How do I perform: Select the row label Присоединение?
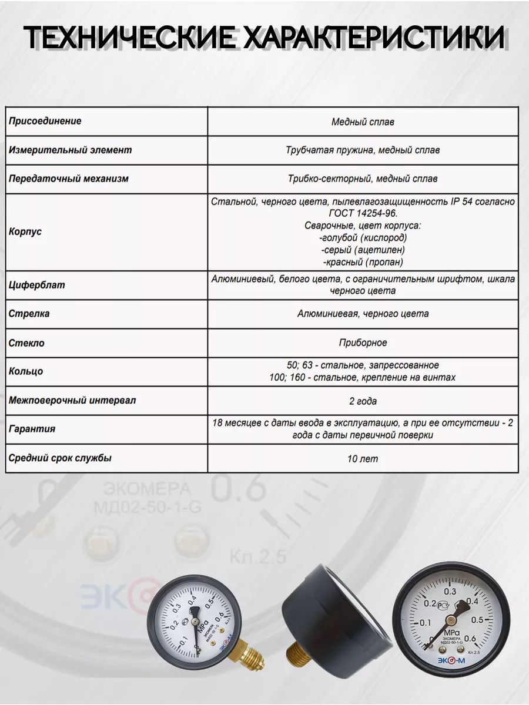click(x=45, y=121)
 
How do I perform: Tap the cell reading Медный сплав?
click(x=363, y=122)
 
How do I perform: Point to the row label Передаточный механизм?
click(x=68, y=178)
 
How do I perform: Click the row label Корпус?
click(x=25, y=231)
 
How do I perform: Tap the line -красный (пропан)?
click(x=363, y=262)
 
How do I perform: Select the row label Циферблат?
click(x=36, y=285)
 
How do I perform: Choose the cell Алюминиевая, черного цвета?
click(x=363, y=314)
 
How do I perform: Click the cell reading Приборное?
click(x=363, y=343)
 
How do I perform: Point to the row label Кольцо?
click(x=26, y=371)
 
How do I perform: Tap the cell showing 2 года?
click(x=363, y=401)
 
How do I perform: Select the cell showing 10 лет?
click(x=363, y=458)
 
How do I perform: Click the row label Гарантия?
click(x=32, y=429)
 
